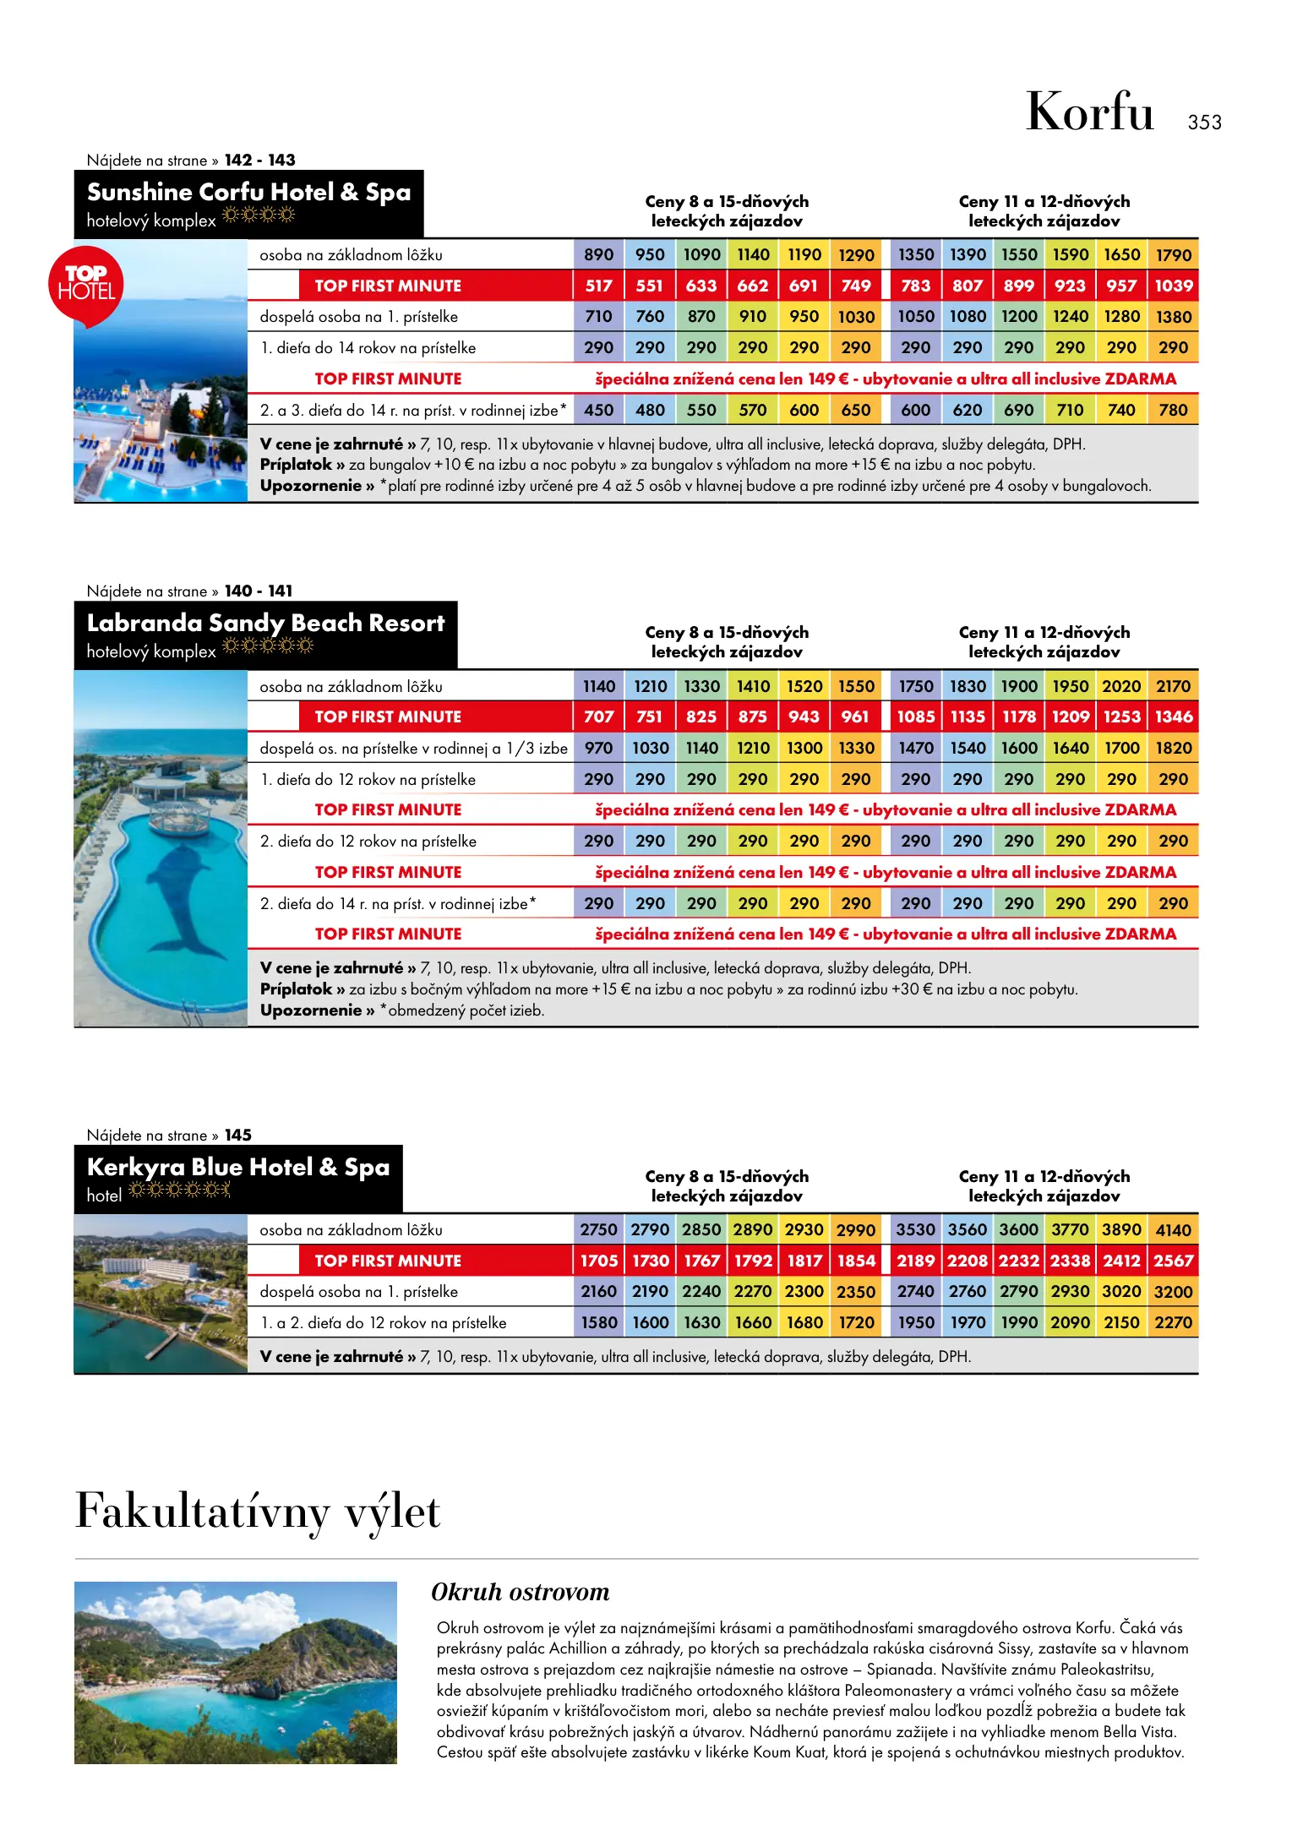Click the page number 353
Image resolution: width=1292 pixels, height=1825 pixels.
pos(1204,123)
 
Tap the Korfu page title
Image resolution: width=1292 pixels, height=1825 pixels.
pos(1089,112)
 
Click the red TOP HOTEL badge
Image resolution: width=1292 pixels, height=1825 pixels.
pos(86,284)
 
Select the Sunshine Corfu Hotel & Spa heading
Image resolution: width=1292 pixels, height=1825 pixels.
pos(248,193)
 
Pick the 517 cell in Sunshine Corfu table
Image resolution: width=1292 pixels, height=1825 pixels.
pos(598,286)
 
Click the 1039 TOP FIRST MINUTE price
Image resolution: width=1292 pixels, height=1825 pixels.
pos(1174,286)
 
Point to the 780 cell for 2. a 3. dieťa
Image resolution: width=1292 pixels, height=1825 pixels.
pos(1174,410)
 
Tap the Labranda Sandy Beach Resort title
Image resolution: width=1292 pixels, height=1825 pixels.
pos(265,624)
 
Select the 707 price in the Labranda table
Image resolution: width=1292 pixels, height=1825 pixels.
pos(598,716)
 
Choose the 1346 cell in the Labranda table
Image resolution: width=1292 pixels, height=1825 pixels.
pos(1174,716)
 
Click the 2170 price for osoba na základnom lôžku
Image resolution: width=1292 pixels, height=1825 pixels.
pos(1174,686)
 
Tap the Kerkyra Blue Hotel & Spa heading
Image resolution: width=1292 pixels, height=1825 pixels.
pos(238,1168)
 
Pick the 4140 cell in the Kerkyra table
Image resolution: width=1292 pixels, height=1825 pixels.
pos(1174,1230)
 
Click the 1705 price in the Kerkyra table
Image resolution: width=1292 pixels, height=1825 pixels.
pos(598,1261)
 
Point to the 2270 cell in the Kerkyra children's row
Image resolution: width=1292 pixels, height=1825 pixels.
pos(1174,1322)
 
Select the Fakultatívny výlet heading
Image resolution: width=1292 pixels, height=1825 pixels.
pos(258,1512)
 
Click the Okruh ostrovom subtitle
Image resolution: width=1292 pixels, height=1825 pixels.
pos(520,1592)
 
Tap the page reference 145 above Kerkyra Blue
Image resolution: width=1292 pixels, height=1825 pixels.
pos(238,1135)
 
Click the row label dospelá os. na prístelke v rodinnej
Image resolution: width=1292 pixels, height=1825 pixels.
pos(413,748)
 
